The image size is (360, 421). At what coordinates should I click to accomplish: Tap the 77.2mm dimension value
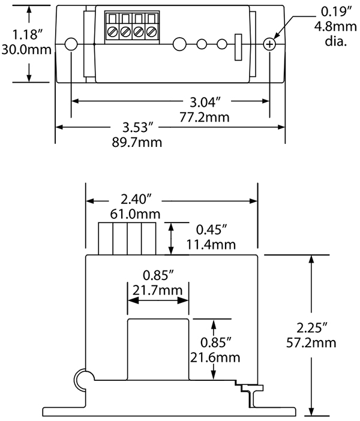(x=204, y=117)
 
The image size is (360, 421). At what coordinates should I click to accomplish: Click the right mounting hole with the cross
(x=270, y=44)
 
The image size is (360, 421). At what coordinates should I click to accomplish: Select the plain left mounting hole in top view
(x=71, y=44)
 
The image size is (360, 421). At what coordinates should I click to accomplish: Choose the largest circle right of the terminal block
(x=179, y=44)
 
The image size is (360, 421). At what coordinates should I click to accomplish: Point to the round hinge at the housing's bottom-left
(x=83, y=378)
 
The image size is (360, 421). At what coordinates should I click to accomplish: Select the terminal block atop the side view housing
(x=128, y=238)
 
